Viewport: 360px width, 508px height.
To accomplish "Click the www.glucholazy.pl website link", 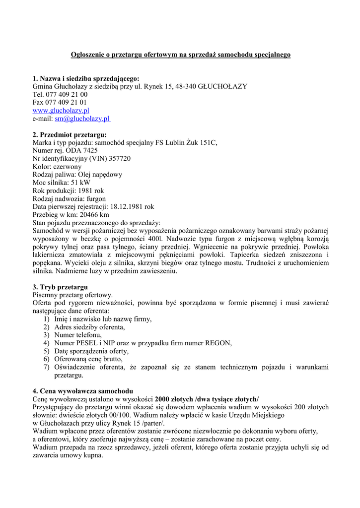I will coord(61,111).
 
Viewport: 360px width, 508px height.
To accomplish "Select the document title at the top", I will coord(180,55).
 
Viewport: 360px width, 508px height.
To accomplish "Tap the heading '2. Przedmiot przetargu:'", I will coord(70,134).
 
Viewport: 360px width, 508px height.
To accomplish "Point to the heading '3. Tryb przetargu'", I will coord(60,287).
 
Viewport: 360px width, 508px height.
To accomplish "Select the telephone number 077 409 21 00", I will coord(67,94).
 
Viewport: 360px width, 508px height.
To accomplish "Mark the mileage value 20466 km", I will coord(94,215).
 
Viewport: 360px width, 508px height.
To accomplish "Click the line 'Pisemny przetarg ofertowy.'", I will coord(73,295).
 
